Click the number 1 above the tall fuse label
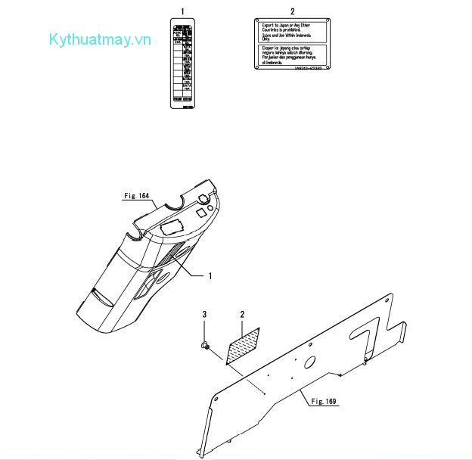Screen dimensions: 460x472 pos(182,12)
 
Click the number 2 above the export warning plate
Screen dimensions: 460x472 pos(292,12)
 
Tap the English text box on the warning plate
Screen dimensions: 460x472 pos(292,32)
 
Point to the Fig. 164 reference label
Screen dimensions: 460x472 pos(137,195)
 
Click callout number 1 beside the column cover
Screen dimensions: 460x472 pos(210,276)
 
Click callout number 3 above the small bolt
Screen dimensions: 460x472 pos(203,313)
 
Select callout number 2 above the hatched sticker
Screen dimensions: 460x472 pos(242,313)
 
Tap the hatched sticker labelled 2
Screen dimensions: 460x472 pos(242,346)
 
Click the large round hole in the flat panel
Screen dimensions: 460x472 pos(311,362)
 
